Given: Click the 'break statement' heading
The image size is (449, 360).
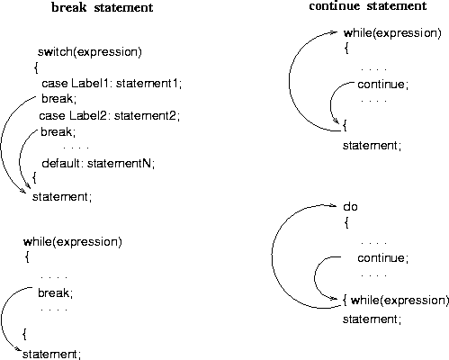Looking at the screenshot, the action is pos(103,7).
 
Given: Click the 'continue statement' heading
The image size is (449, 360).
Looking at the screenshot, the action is pos(368,6).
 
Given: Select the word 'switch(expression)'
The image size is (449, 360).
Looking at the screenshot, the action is pos(90,52).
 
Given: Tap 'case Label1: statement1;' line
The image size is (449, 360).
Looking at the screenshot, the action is pos(112,84).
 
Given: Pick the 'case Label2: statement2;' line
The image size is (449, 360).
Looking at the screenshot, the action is pos(110,115).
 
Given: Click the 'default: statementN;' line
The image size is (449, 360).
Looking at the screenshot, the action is pos(98,163).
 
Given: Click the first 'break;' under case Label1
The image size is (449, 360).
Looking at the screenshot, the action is pos(58,98).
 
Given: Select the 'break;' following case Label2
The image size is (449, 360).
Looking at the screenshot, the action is pos(58,131).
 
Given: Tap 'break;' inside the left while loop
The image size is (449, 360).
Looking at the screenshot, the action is pos(56,292).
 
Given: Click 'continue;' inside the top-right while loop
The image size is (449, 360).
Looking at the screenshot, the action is pos(383,85).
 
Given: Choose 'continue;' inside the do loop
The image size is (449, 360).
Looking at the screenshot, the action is pos(383,258).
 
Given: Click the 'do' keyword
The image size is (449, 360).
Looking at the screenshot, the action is pos(350,207).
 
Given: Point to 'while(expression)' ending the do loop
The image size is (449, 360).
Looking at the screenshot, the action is pos(400,301).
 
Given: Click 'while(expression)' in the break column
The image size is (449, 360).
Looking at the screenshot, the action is pos(73,242).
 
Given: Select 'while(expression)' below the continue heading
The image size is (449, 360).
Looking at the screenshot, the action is pos(392,33).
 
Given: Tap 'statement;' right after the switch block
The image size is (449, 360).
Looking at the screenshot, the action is pos(62,197).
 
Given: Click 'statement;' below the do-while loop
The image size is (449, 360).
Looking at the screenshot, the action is pos(372,319).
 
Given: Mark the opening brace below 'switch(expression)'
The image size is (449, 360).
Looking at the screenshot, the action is pos(36,67).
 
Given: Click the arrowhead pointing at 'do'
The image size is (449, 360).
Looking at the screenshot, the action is pos(333,205).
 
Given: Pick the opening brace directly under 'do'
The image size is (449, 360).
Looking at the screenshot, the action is pos(346,222).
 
